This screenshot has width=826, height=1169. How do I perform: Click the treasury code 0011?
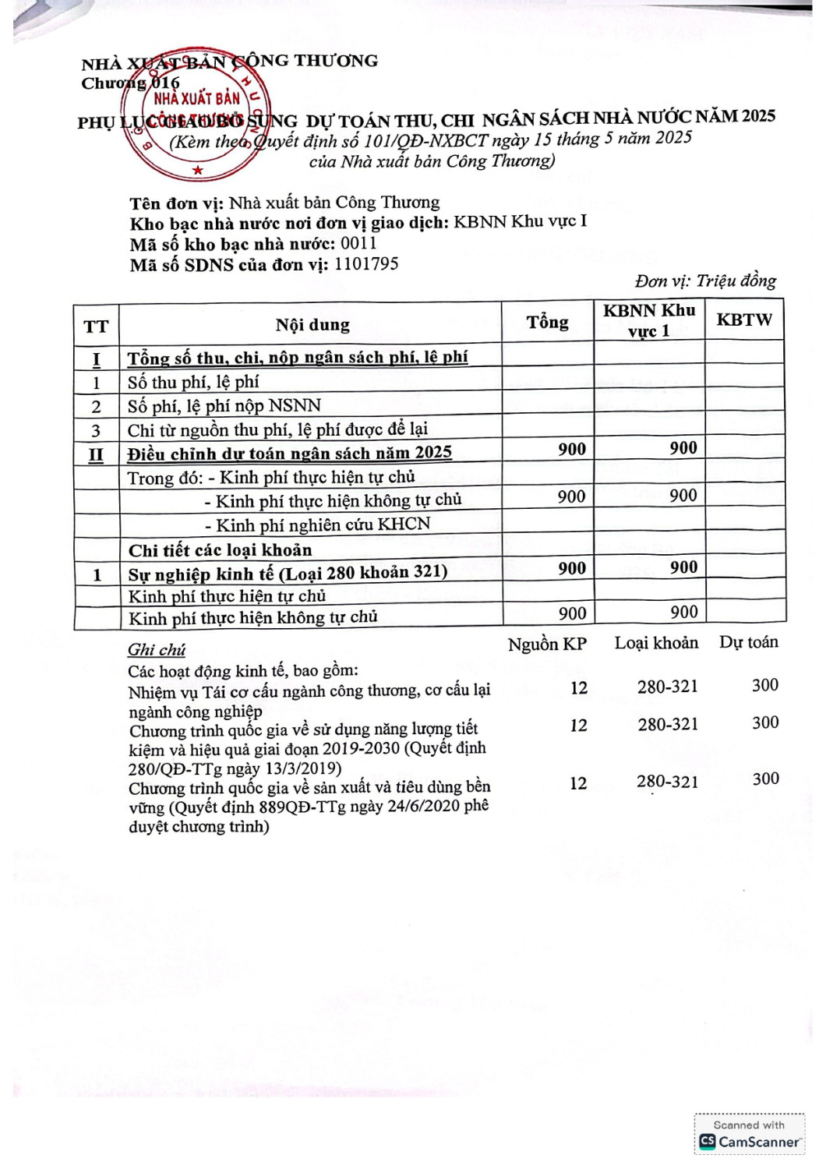(x=358, y=243)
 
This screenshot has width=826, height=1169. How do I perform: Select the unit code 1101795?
(x=366, y=264)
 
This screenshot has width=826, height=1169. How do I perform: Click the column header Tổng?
(x=547, y=322)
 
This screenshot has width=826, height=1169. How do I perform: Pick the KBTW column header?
(x=744, y=320)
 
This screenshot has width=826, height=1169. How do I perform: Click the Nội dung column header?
(x=312, y=325)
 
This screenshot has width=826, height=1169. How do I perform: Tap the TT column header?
(x=96, y=327)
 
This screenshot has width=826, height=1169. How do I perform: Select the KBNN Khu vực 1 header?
(x=649, y=320)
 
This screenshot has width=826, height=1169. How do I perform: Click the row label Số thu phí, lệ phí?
(x=193, y=382)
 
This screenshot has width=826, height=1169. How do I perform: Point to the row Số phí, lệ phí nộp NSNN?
(x=224, y=405)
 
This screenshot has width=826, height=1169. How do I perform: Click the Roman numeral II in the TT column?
(x=96, y=454)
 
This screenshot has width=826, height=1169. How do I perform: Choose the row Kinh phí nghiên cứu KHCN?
(x=318, y=524)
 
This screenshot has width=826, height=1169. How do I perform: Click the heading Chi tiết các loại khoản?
(x=221, y=550)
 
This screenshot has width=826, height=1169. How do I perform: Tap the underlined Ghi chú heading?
(x=157, y=650)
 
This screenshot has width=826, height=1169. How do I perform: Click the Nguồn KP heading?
(x=547, y=645)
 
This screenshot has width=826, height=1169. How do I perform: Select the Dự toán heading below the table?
(x=748, y=642)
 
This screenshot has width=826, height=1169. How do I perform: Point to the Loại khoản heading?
(x=656, y=643)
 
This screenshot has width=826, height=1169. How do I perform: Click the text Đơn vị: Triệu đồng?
(x=705, y=281)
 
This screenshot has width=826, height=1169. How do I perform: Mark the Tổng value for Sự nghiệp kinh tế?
(x=572, y=568)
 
